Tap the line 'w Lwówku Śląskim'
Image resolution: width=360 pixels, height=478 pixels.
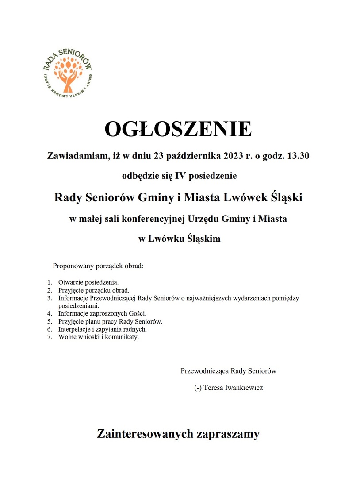pyautogui.click(x=180, y=239)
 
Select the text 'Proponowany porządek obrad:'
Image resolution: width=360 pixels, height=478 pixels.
pyautogui.click(x=99, y=266)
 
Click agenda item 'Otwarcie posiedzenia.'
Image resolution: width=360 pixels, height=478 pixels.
pyautogui.click(x=88, y=281)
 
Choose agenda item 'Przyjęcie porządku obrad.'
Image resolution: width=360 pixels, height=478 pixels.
pyautogui.click(x=93, y=290)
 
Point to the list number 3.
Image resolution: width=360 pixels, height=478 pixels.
pyautogui.click(x=50, y=298)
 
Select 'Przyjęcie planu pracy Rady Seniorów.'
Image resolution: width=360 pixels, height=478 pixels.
pyautogui.click(x=110, y=321)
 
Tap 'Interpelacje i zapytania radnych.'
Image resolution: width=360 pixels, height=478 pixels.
pyautogui.click(x=102, y=329)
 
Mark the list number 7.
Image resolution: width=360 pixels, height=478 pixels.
pyautogui.click(x=50, y=337)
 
